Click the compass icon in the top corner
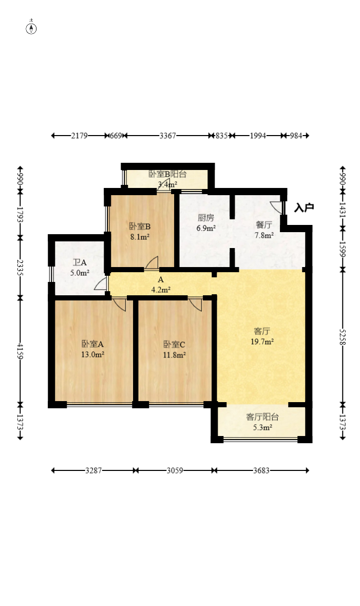click(x=31, y=28)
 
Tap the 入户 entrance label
click(x=304, y=207)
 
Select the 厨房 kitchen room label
click(x=206, y=218)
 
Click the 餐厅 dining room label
click(x=264, y=225)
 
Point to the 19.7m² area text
click(x=262, y=342)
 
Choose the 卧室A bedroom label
click(x=92, y=344)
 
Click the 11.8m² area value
click(x=174, y=355)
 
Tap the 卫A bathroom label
click(x=80, y=263)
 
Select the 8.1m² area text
click(x=140, y=237)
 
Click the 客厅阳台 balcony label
click(x=262, y=417)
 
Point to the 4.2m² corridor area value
click(x=161, y=290)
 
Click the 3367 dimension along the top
click(x=168, y=136)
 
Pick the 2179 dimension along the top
click(x=79, y=136)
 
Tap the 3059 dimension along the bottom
click(x=175, y=471)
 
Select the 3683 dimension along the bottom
click(x=261, y=471)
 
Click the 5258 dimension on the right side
click(x=343, y=337)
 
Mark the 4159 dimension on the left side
click(x=20, y=351)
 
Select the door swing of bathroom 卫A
click(x=101, y=283)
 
